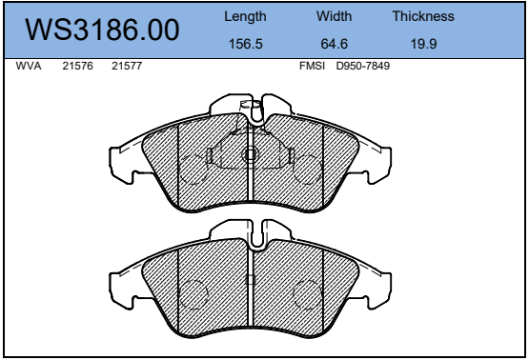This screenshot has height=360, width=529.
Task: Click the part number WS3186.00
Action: tap(102, 30)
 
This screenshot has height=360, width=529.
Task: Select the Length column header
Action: tap(245, 16)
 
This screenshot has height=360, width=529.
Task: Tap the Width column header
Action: tap(334, 16)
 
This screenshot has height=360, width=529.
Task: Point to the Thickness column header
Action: tap(423, 16)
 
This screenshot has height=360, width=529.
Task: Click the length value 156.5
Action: tap(246, 44)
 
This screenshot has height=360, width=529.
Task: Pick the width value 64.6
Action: tap(334, 44)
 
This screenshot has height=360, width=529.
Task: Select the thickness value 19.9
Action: tap(423, 44)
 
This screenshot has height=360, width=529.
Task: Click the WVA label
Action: tap(29, 66)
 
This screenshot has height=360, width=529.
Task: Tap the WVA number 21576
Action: tap(77, 66)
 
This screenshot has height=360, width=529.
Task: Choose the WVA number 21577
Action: tap(127, 66)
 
